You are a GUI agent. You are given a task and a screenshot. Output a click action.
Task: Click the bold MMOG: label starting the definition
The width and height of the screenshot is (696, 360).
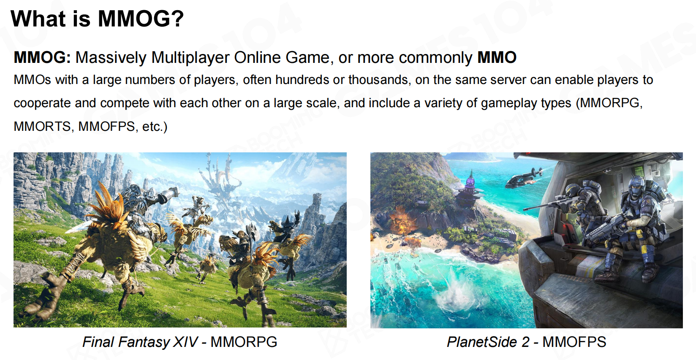point(42,57)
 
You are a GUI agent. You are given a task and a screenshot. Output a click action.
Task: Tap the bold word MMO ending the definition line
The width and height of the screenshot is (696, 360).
point(497,57)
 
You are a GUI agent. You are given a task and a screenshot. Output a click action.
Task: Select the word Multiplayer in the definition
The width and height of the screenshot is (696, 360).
point(190,58)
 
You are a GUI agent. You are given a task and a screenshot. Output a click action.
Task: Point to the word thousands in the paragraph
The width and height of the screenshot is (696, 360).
point(378,80)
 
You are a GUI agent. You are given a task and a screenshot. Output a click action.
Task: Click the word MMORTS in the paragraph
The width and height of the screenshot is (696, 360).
point(42,127)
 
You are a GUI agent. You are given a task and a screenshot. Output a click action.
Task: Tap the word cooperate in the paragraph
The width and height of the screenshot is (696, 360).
point(42,103)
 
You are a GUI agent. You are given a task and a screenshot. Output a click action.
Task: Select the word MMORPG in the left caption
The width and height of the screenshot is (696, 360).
point(244,342)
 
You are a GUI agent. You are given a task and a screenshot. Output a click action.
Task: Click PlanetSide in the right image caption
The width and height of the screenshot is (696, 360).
point(482,342)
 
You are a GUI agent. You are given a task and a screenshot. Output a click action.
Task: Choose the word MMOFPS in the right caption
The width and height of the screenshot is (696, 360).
point(574,342)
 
